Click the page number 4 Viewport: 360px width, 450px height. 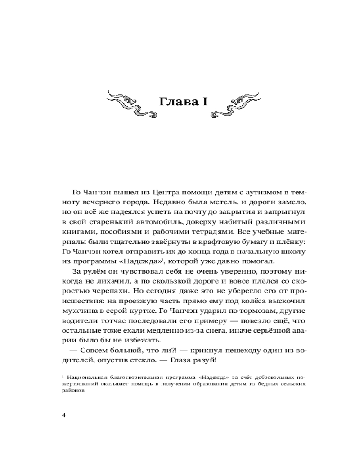[63, 415]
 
